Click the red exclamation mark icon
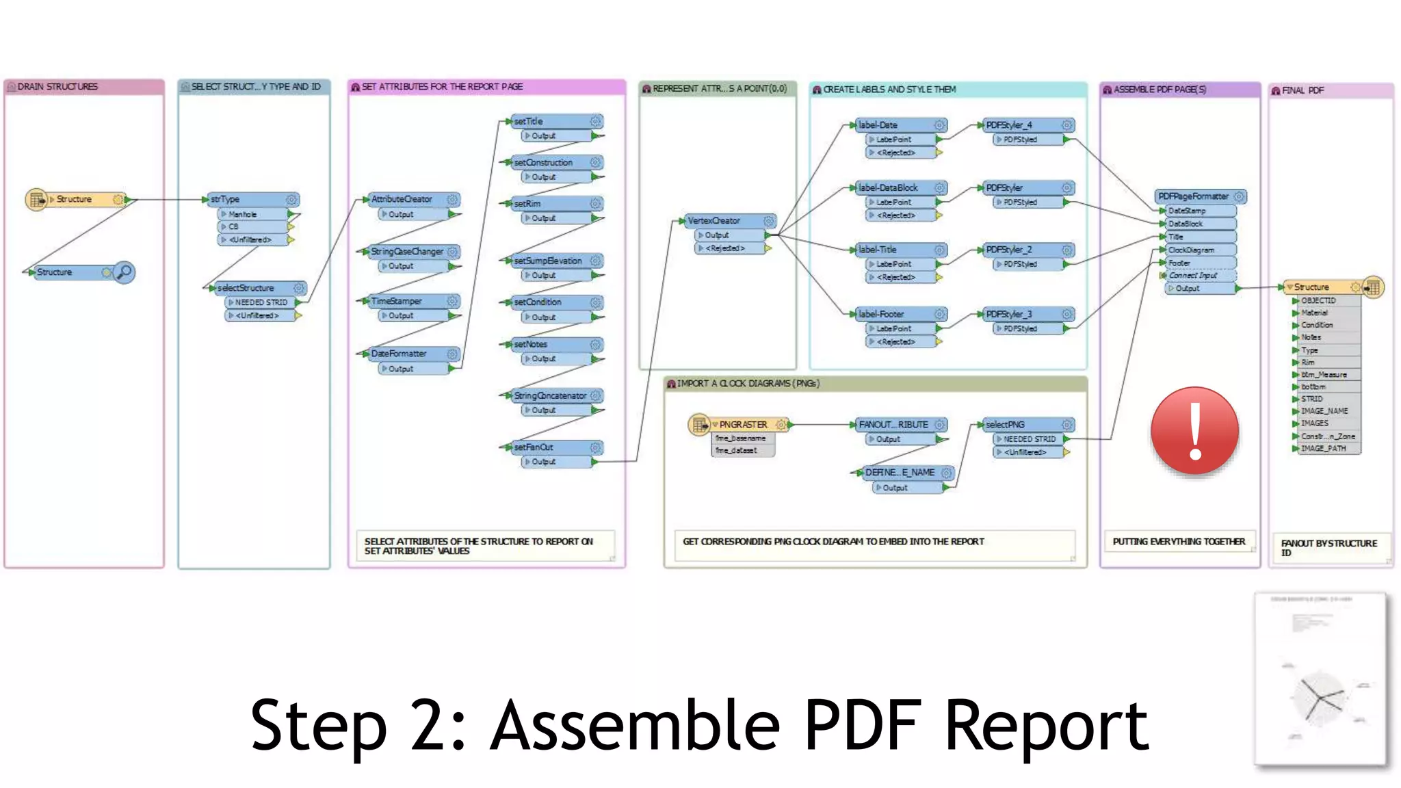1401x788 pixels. click(1194, 431)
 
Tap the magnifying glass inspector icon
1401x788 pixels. click(124, 272)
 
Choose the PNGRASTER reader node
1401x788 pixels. click(742, 425)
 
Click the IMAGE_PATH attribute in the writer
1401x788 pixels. click(1323, 449)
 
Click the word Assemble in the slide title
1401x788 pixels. click(636, 726)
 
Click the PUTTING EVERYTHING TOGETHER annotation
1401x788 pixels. click(1179, 542)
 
